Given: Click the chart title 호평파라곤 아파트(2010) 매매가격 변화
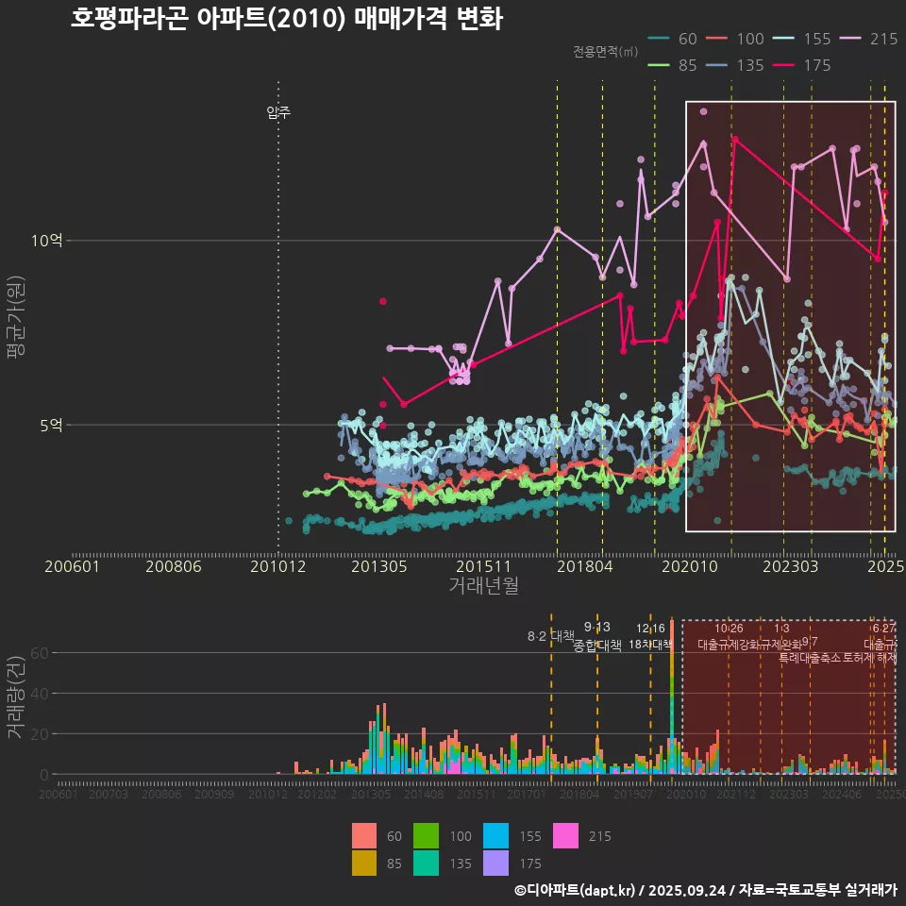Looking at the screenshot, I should (286, 20).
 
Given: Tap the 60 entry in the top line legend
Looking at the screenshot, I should (674, 39).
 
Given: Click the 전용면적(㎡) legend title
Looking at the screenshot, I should (604, 51).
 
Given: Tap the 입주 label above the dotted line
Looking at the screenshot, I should (278, 112).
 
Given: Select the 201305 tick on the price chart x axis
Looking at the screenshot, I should (378, 566).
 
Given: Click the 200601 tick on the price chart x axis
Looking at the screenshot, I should (73, 566).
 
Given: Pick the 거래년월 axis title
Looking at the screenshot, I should (483, 586).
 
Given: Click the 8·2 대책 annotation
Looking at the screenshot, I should (551, 635).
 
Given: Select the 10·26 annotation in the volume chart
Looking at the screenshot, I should (729, 629).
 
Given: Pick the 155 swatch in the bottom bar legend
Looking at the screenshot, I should (495, 836).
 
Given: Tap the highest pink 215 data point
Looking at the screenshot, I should (703, 111).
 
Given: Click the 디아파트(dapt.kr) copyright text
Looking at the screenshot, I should (580, 890).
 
